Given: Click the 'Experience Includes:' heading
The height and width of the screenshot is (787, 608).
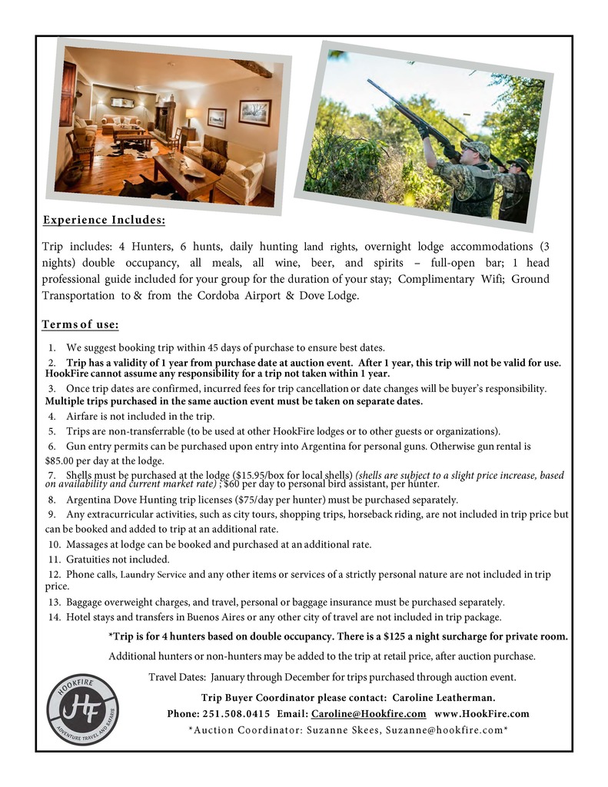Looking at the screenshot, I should [x=104, y=221].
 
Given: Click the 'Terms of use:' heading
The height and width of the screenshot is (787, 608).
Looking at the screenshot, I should [x=80, y=324].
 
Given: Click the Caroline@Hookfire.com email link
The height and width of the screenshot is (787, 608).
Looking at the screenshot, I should [x=368, y=713].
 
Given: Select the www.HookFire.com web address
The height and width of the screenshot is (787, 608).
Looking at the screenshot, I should [x=482, y=713].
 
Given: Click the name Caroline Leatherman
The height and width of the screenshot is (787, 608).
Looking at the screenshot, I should [x=444, y=698].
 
